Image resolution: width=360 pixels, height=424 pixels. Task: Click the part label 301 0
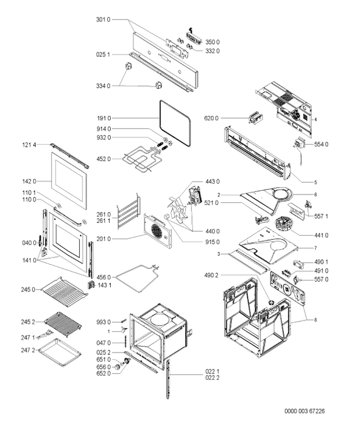click(103, 19)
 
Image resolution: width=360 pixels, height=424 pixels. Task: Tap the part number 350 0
click(212, 42)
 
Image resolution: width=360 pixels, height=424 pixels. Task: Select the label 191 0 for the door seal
click(104, 118)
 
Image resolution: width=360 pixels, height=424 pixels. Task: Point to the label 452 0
click(103, 159)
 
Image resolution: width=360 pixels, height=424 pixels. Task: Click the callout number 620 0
click(212, 118)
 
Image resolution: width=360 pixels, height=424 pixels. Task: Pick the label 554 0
click(321, 144)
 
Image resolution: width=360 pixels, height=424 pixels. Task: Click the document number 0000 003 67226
click(304, 411)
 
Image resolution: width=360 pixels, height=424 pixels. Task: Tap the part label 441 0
click(321, 235)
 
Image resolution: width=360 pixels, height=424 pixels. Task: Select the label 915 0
click(212, 242)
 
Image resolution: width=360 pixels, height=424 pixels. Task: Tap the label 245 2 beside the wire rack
click(28, 322)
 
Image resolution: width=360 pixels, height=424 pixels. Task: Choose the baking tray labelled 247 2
click(60, 352)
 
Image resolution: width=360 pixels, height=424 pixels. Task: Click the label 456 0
click(103, 277)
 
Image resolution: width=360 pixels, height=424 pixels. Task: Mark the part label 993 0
click(103, 322)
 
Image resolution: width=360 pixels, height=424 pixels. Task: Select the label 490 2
click(211, 275)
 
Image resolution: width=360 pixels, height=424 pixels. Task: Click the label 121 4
click(29, 145)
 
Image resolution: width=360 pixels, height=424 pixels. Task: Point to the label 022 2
click(212, 377)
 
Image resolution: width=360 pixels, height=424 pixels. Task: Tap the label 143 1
click(105, 285)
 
